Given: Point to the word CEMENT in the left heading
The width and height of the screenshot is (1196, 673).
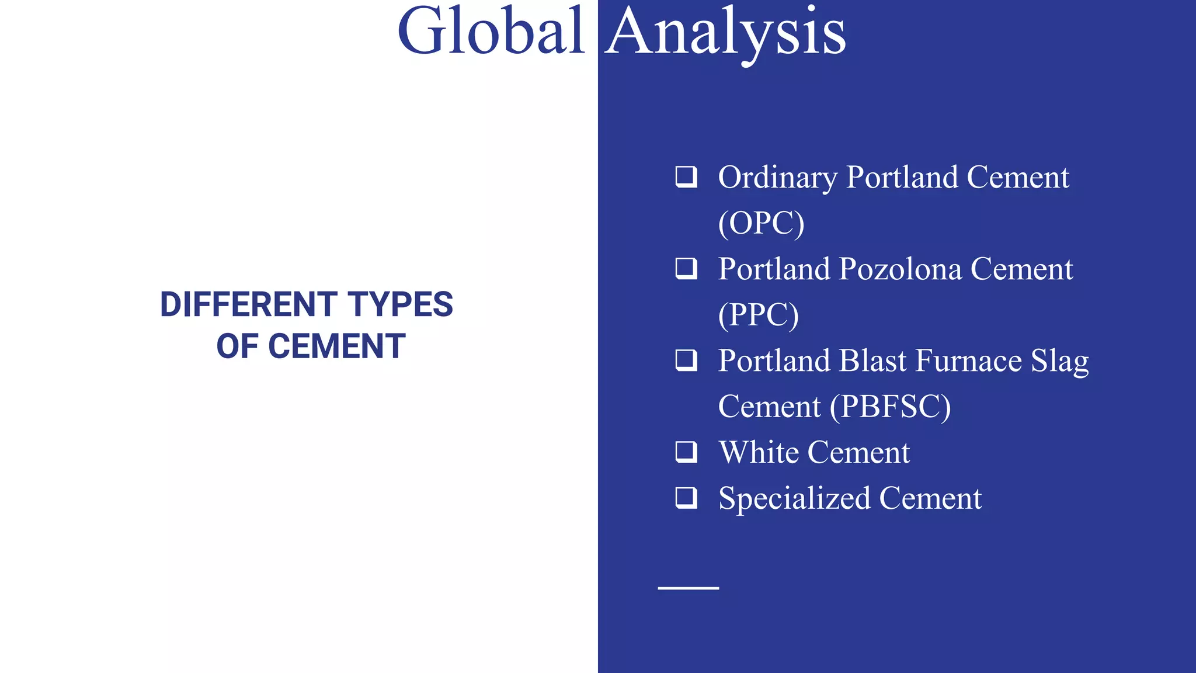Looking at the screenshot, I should click(336, 346).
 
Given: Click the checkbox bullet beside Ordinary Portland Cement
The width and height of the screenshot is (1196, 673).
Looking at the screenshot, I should click(686, 176).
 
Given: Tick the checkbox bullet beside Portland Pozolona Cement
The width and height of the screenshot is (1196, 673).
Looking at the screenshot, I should click(686, 268).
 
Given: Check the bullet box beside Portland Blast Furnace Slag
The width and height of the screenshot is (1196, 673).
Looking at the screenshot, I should click(686, 360).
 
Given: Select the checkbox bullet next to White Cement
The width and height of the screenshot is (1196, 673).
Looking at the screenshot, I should click(686, 452).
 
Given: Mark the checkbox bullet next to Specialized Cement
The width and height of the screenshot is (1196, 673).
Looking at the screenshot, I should click(686, 498).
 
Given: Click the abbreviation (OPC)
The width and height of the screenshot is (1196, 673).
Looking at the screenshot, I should click(761, 223).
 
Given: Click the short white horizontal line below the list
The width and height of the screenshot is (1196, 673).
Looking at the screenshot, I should click(688, 588).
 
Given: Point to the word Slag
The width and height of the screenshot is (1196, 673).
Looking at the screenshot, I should click(1059, 362).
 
